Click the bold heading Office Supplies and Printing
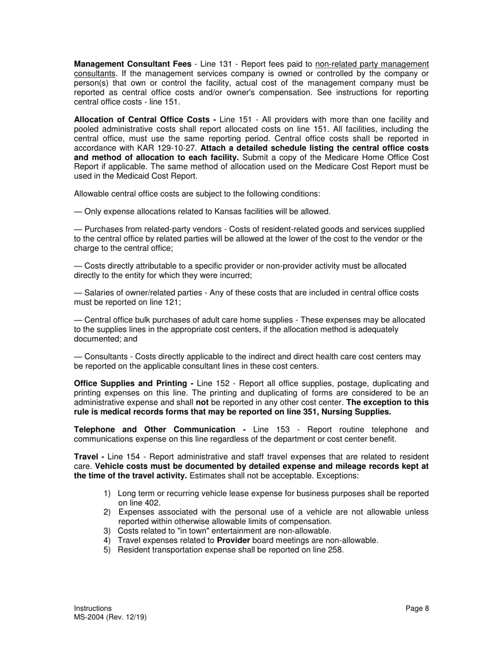133,384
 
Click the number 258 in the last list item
336,550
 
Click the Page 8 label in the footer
417,609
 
